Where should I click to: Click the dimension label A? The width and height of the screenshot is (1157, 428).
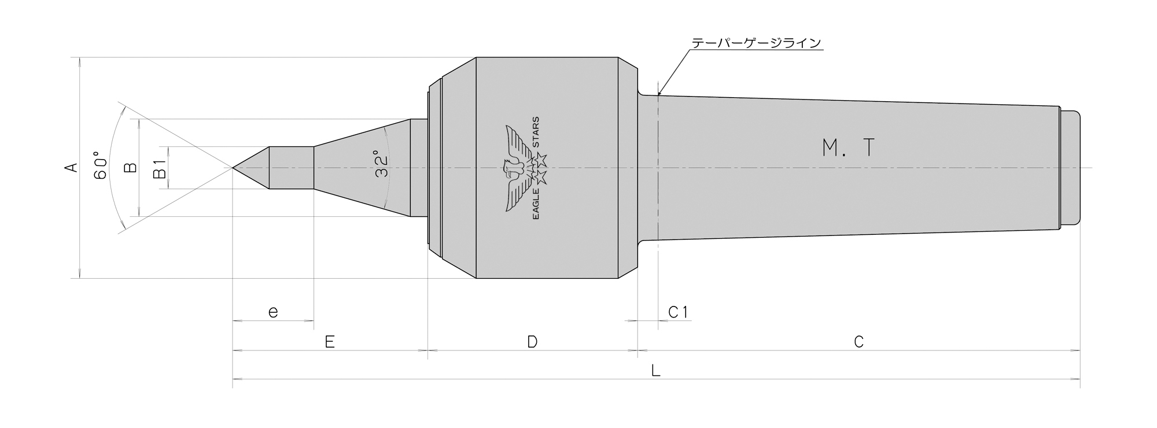(x=71, y=168)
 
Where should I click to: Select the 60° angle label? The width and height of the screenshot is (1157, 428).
(x=100, y=167)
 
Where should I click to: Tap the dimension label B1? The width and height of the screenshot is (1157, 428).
(x=160, y=168)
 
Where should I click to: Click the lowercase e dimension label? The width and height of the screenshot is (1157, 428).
(x=273, y=312)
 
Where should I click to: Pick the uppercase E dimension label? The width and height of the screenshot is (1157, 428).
(x=330, y=342)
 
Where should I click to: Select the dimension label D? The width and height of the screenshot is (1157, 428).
(x=532, y=342)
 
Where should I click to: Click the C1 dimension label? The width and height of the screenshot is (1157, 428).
(x=677, y=312)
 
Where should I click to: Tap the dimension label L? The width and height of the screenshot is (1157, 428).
(x=655, y=371)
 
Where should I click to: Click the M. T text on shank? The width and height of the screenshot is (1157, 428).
(x=849, y=149)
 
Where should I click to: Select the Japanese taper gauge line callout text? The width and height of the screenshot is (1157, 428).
(x=756, y=43)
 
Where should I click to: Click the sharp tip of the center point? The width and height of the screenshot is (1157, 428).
(x=233, y=168)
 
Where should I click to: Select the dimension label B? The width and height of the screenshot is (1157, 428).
(x=131, y=168)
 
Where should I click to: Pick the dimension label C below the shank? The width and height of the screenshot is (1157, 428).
(x=858, y=342)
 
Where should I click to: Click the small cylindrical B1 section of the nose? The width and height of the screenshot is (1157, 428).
(x=291, y=168)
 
